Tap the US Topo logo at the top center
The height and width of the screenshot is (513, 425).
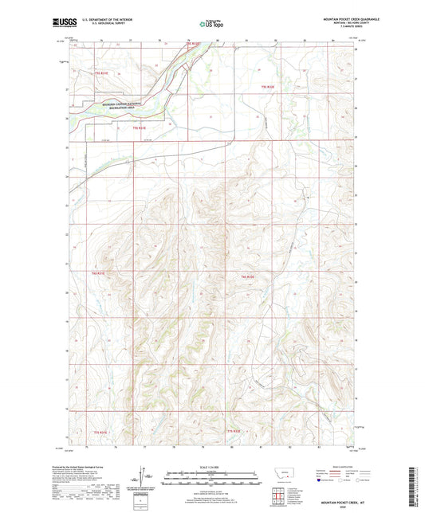pyautogui.click(x=211, y=25)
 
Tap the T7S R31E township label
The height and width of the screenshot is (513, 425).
pyautogui.click(x=112, y=431)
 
